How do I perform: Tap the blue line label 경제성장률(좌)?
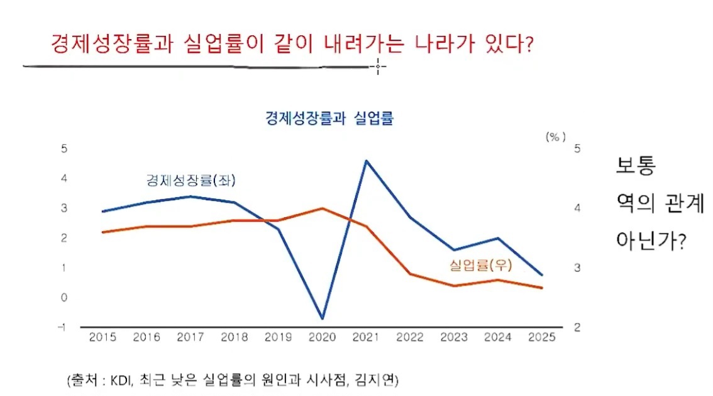[185, 181]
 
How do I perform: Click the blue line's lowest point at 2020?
[322, 319]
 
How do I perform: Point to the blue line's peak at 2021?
[367, 161]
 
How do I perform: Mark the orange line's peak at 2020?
[322, 208]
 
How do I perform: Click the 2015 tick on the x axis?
[102, 337]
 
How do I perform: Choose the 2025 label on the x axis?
[542, 337]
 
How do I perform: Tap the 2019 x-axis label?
[278, 337]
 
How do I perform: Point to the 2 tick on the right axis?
[577, 327]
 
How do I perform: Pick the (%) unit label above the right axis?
[555, 137]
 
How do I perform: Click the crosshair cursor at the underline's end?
[377, 65]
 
